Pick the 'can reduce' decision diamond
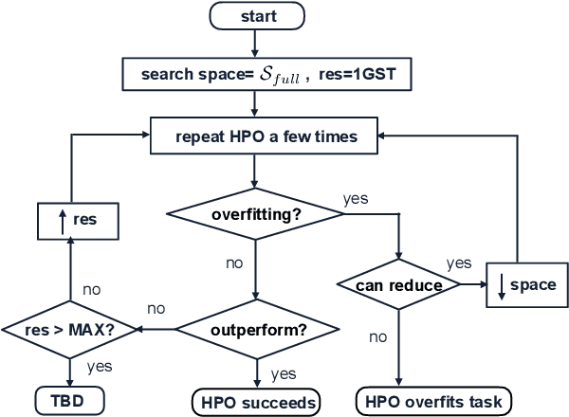pyautogui.click(x=399, y=285)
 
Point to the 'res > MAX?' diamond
pyautogui.click(x=68, y=331)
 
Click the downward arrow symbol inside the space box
pyautogui.click(x=504, y=285)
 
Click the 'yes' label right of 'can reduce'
pyautogui.click(x=459, y=263)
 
